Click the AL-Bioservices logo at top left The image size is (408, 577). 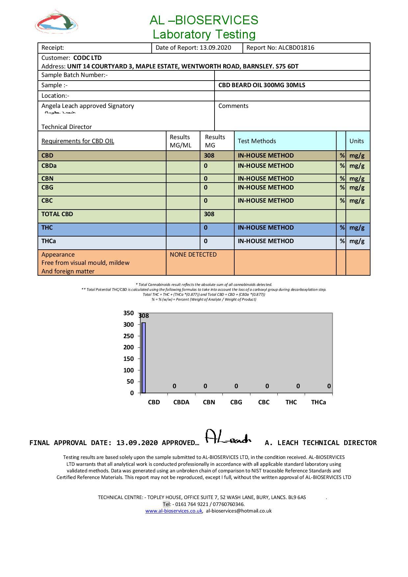pyautogui.click(x=57, y=22)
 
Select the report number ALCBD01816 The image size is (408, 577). pyautogui.click(x=296, y=48)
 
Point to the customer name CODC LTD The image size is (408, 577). pyautogui.click(x=87, y=58)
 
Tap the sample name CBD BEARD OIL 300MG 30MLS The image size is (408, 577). pyautogui.click(x=262, y=85)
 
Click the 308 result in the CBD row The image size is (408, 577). pyautogui.click(x=209, y=156)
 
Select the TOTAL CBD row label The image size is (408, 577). pyautogui.click(x=57, y=214)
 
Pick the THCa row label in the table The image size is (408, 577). pyautogui.click(x=48, y=241)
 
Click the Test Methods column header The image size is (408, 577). pyautogui.click(x=257, y=141)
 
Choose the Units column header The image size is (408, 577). pyautogui.click(x=356, y=141)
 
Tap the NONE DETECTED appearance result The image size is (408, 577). pyautogui.click(x=193, y=255)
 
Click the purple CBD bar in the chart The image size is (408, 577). pyautogui.click(x=144, y=358)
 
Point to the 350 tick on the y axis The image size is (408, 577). pyautogui.click(x=129, y=313)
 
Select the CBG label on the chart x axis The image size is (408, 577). pyautogui.click(x=236, y=402)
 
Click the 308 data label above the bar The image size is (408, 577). pyautogui.click(x=144, y=316)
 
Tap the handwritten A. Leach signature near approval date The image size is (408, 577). pyautogui.click(x=228, y=437)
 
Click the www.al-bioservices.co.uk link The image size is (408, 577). pyautogui.click(x=174, y=511)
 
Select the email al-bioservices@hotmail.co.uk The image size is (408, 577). pyautogui.click(x=239, y=511)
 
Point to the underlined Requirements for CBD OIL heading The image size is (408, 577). pyautogui.click(x=78, y=141)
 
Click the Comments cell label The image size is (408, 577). pyautogui.click(x=233, y=106)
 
